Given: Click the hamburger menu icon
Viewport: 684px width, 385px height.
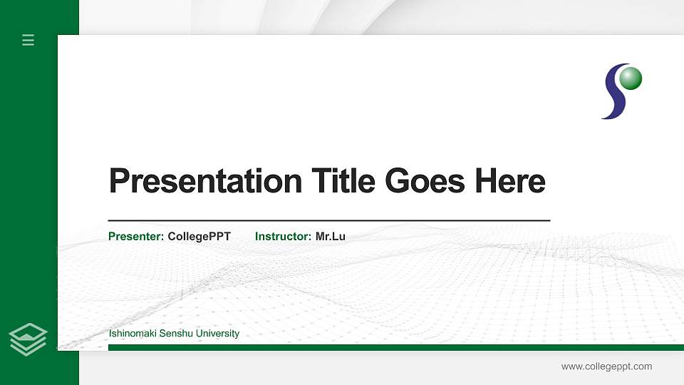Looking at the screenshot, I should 28,40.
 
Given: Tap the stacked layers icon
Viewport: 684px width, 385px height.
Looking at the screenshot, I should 28,339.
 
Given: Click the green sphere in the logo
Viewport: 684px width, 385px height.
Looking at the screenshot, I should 631,78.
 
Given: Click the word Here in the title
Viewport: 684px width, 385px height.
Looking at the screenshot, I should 510,181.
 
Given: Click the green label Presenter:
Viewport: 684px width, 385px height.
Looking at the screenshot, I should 136,236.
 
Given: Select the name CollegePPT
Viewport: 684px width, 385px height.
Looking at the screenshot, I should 199,236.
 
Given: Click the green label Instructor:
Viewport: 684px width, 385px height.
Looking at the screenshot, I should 283,236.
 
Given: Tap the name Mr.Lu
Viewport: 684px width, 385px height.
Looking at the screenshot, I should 331,236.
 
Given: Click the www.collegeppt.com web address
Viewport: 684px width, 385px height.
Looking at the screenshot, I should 606,366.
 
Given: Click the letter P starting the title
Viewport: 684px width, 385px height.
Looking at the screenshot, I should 119,181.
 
